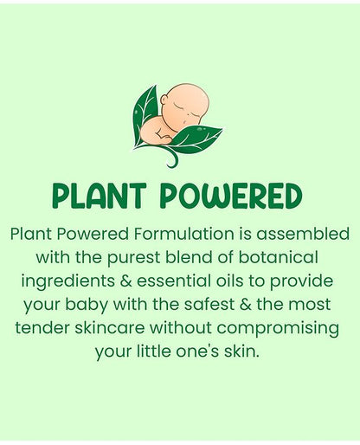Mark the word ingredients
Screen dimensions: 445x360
(70, 282)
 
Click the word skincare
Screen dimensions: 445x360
(110, 329)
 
